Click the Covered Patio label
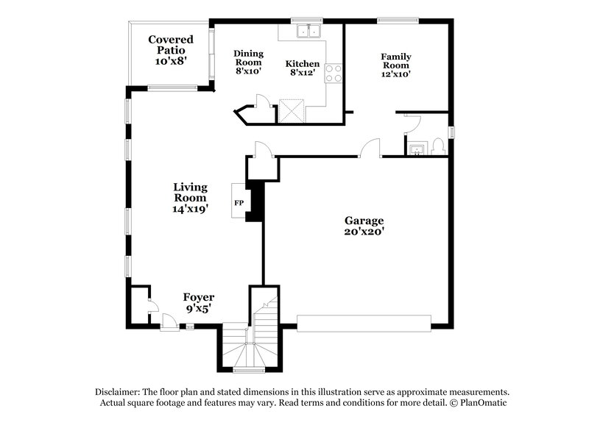point(170,45)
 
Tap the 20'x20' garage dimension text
point(364,232)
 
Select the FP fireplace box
point(239,201)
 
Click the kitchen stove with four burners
point(333,74)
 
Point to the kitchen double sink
point(308,31)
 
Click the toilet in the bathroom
point(438,146)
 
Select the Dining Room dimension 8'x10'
point(248,71)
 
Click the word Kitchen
point(303,64)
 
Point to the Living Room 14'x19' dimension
point(190,209)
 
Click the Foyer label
point(199,297)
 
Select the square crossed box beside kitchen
point(292,112)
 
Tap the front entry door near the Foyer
point(169,321)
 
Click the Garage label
point(364,221)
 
